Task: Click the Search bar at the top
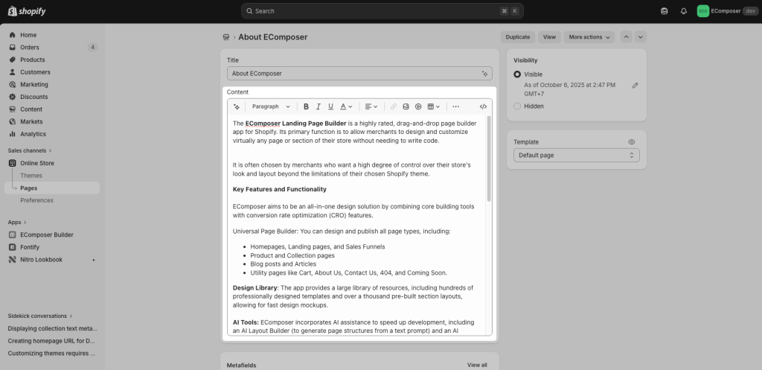tap(382, 11)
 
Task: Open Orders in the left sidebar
tap(30, 48)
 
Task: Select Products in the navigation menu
tap(32, 60)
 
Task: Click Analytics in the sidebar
tap(33, 134)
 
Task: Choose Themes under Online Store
tap(31, 176)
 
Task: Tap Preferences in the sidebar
tap(36, 200)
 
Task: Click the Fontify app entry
tap(31, 247)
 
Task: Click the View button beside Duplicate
tap(549, 36)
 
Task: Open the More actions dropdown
tap(589, 36)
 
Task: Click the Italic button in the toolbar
tap(318, 106)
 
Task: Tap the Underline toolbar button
tap(330, 106)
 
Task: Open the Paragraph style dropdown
tap(271, 106)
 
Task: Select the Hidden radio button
tap(517, 106)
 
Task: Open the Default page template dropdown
tap(576, 156)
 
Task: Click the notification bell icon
tap(683, 11)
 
